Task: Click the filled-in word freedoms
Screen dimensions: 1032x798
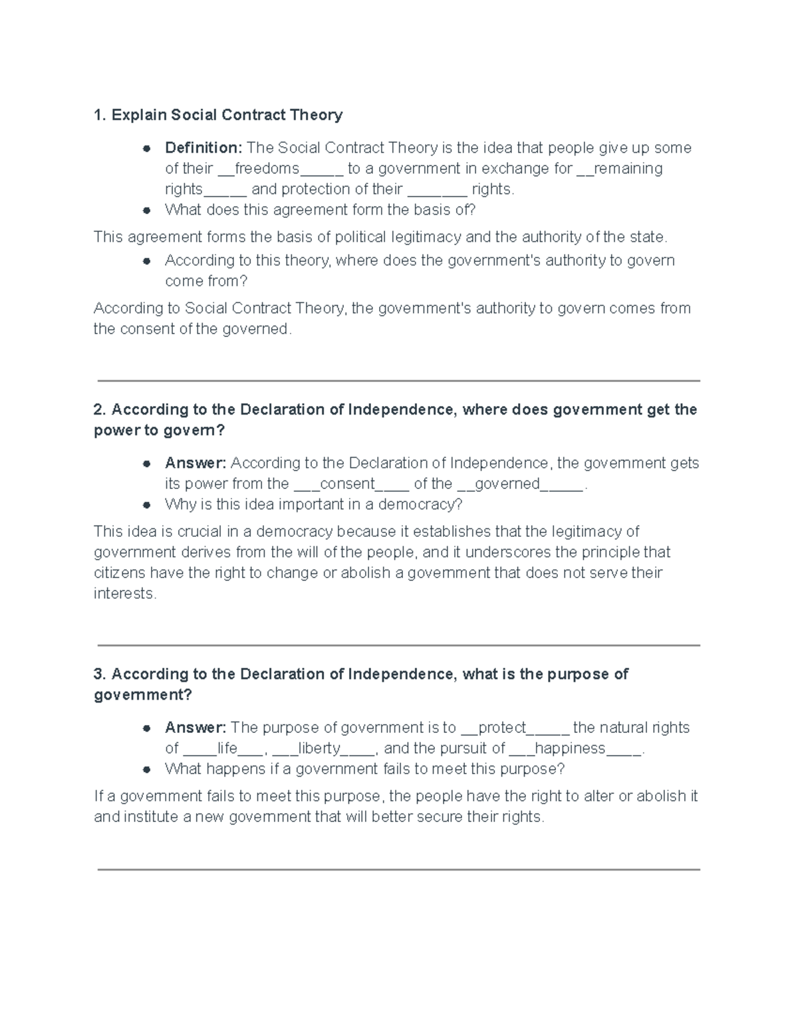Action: point(267,168)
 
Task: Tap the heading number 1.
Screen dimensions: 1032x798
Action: point(99,115)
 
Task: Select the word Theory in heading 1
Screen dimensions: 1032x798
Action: point(316,115)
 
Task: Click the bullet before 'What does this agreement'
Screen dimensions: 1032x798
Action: point(146,210)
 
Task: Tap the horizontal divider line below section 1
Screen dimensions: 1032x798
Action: point(399,381)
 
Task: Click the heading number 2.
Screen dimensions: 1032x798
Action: point(99,409)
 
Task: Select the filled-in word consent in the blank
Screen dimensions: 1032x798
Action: point(348,484)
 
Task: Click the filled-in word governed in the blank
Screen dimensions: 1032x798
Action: point(507,484)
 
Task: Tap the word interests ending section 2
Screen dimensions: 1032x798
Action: point(124,593)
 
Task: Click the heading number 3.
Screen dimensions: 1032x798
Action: point(99,674)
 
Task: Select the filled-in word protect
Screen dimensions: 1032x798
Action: point(503,728)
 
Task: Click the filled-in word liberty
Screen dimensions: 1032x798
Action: point(319,748)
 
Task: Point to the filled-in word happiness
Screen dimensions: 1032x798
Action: point(570,748)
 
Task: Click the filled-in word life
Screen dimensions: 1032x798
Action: point(227,748)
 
